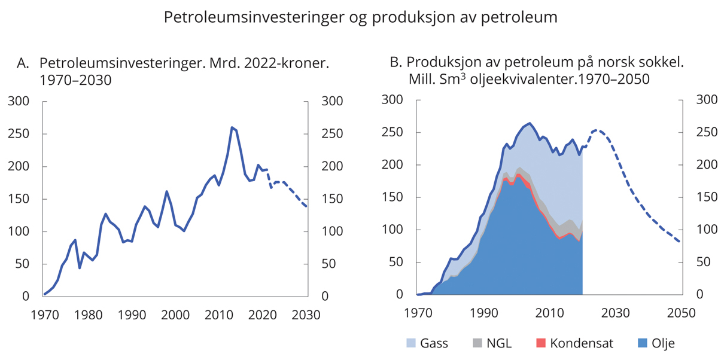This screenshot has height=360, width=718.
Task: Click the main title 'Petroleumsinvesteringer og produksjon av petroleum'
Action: (361, 18)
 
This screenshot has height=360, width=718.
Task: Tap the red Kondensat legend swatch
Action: (540, 343)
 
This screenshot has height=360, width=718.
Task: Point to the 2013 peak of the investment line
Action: (232, 127)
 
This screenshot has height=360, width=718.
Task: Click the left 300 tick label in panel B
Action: (392, 100)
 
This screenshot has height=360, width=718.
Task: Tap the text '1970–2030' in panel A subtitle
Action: (75, 79)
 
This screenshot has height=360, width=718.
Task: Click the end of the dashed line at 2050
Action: (680, 242)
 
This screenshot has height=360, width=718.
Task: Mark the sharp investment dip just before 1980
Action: (80, 267)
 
